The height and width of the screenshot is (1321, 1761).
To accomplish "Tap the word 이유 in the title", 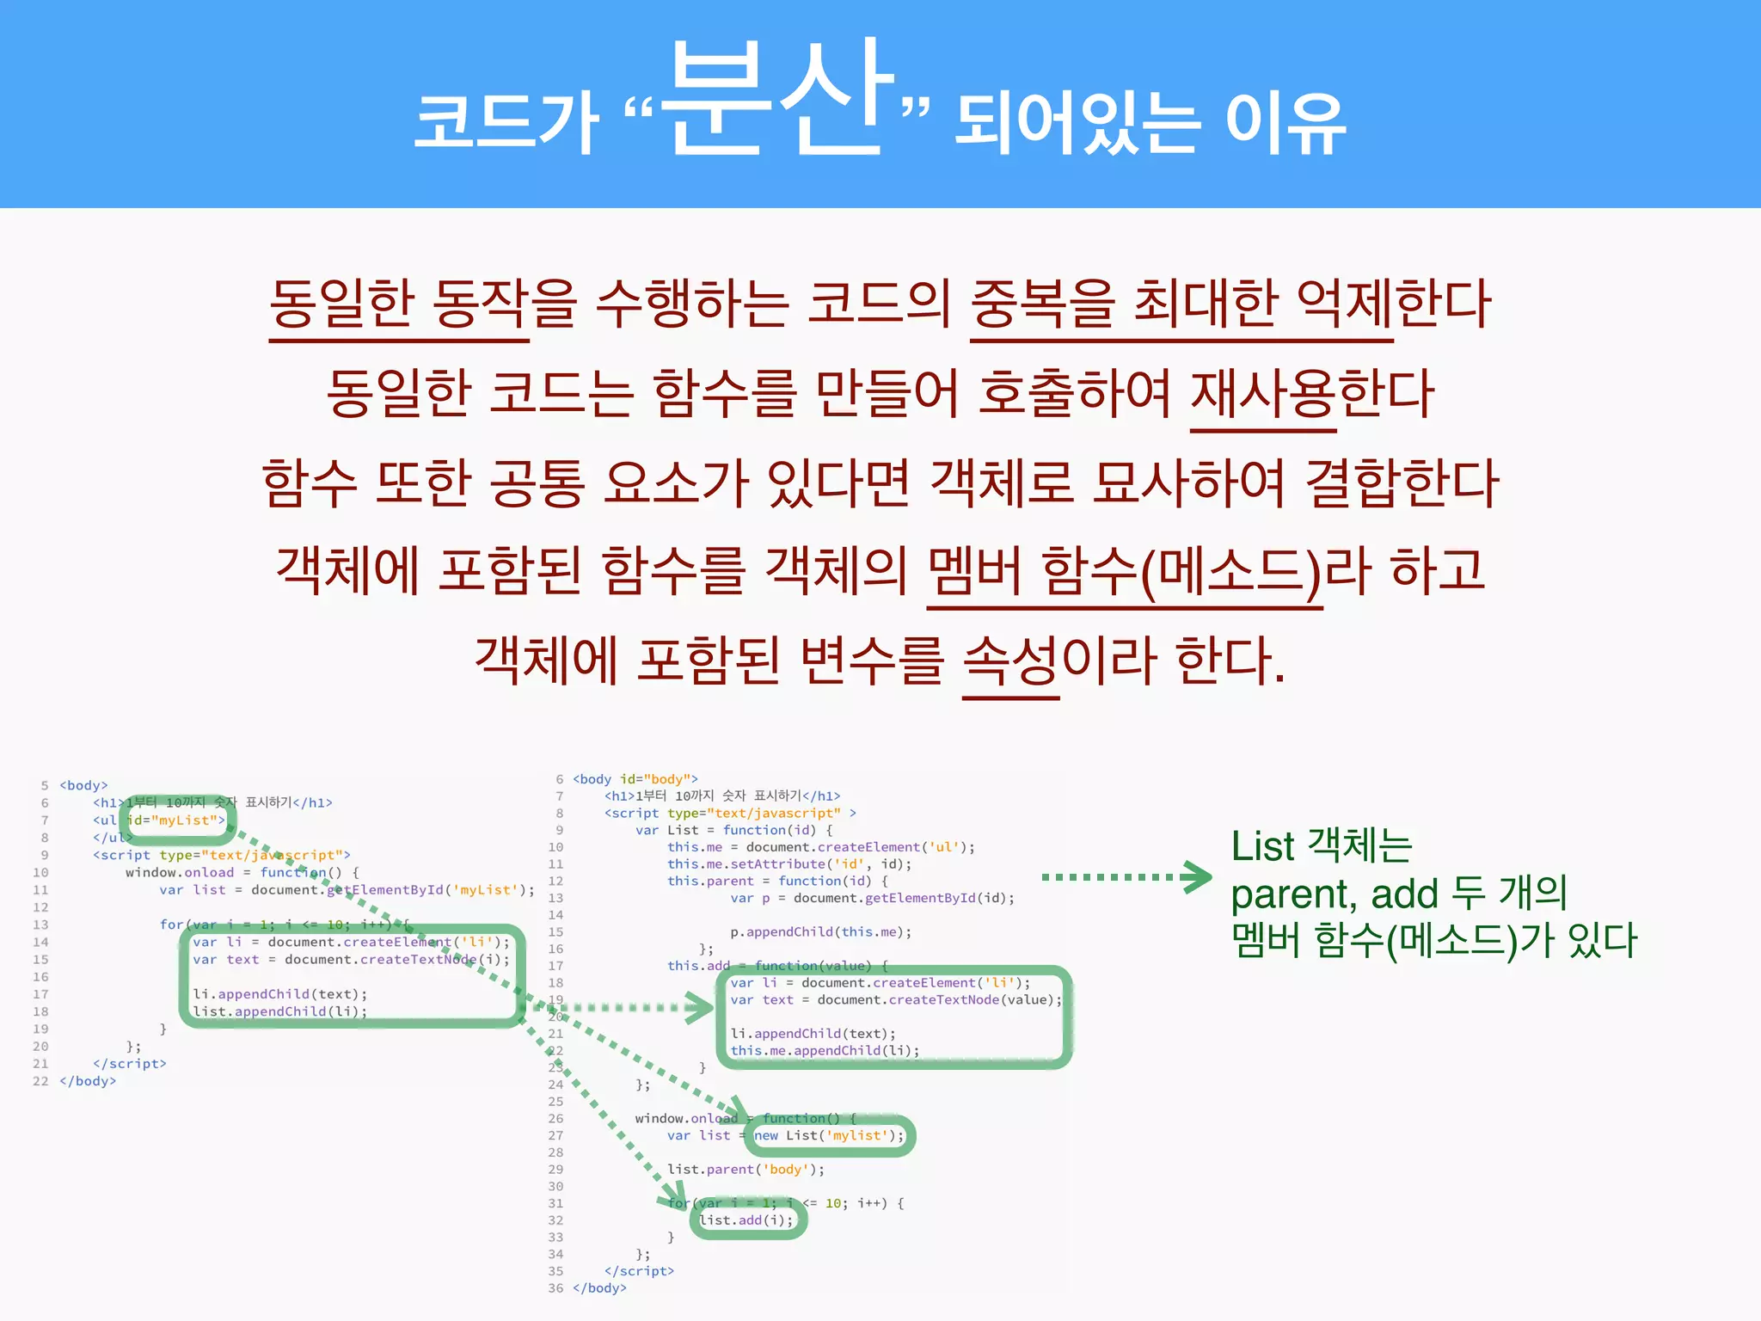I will pos(1285,125).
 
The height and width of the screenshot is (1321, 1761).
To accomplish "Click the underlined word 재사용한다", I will pos(1312,393).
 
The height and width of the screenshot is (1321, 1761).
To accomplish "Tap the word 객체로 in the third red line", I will pos(1002,482).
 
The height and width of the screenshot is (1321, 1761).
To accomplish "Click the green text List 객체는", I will pos(1321,846).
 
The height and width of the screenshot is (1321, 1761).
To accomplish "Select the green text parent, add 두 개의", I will pos(1398,894).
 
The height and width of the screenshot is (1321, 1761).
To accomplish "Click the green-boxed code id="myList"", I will pos(176,820).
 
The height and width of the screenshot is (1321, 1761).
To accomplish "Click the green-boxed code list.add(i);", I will pos(746,1220).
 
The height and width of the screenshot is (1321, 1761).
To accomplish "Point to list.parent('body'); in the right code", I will pos(746,1170).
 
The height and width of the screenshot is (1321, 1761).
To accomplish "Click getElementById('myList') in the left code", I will pos(430,890).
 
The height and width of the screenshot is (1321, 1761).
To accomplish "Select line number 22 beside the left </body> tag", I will pos(40,1081).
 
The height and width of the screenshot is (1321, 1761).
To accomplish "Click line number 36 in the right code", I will pos(555,1288).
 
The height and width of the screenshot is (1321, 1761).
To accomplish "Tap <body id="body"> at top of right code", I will pos(635,779).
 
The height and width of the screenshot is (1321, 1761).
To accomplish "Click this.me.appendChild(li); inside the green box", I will pos(825,1051).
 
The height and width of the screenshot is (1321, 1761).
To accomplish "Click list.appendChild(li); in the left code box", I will pos(279,1011).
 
